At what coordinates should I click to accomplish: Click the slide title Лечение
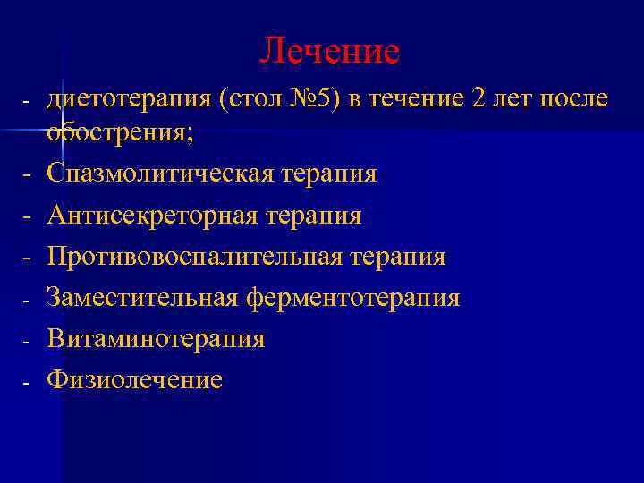(x=329, y=51)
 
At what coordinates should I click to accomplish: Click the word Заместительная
(x=143, y=298)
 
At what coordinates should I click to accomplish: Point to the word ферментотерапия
(x=354, y=298)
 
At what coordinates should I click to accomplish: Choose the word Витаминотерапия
(x=156, y=339)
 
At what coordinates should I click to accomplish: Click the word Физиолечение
(x=134, y=380)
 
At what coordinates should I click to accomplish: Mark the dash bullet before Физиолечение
(x=27, y=382)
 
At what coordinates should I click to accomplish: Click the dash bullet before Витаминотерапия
(x=27, y=341)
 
